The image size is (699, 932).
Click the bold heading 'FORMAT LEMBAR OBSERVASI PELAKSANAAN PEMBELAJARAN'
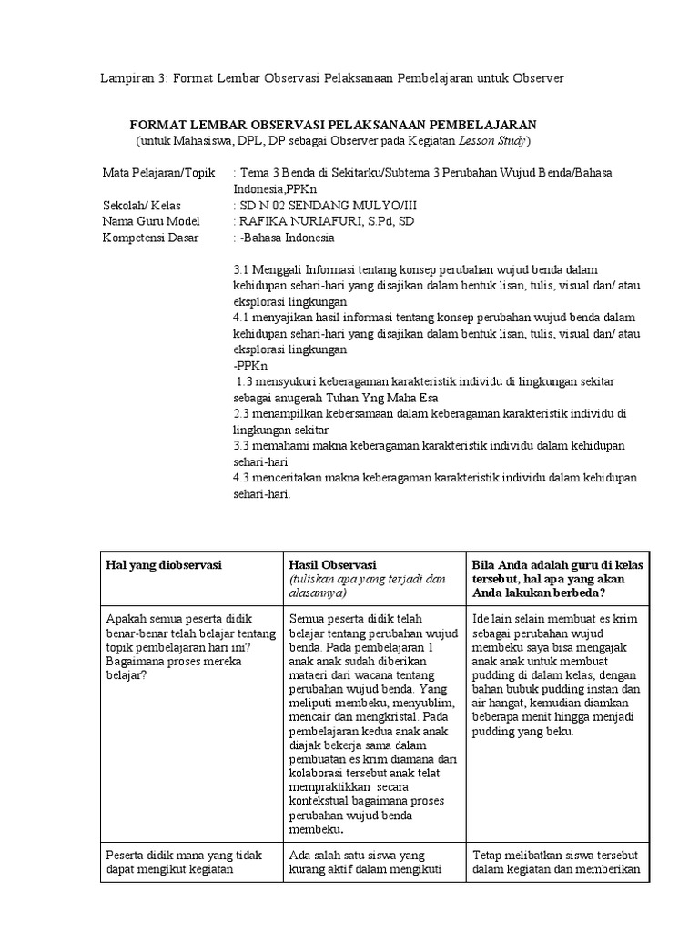pos(333,125)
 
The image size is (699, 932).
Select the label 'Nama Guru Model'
pos(149,221)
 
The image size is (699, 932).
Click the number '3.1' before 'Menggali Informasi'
pos(241,270)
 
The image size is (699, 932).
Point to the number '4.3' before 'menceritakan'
pos(241,478)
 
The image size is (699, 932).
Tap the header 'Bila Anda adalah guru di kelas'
pos(557,564)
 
